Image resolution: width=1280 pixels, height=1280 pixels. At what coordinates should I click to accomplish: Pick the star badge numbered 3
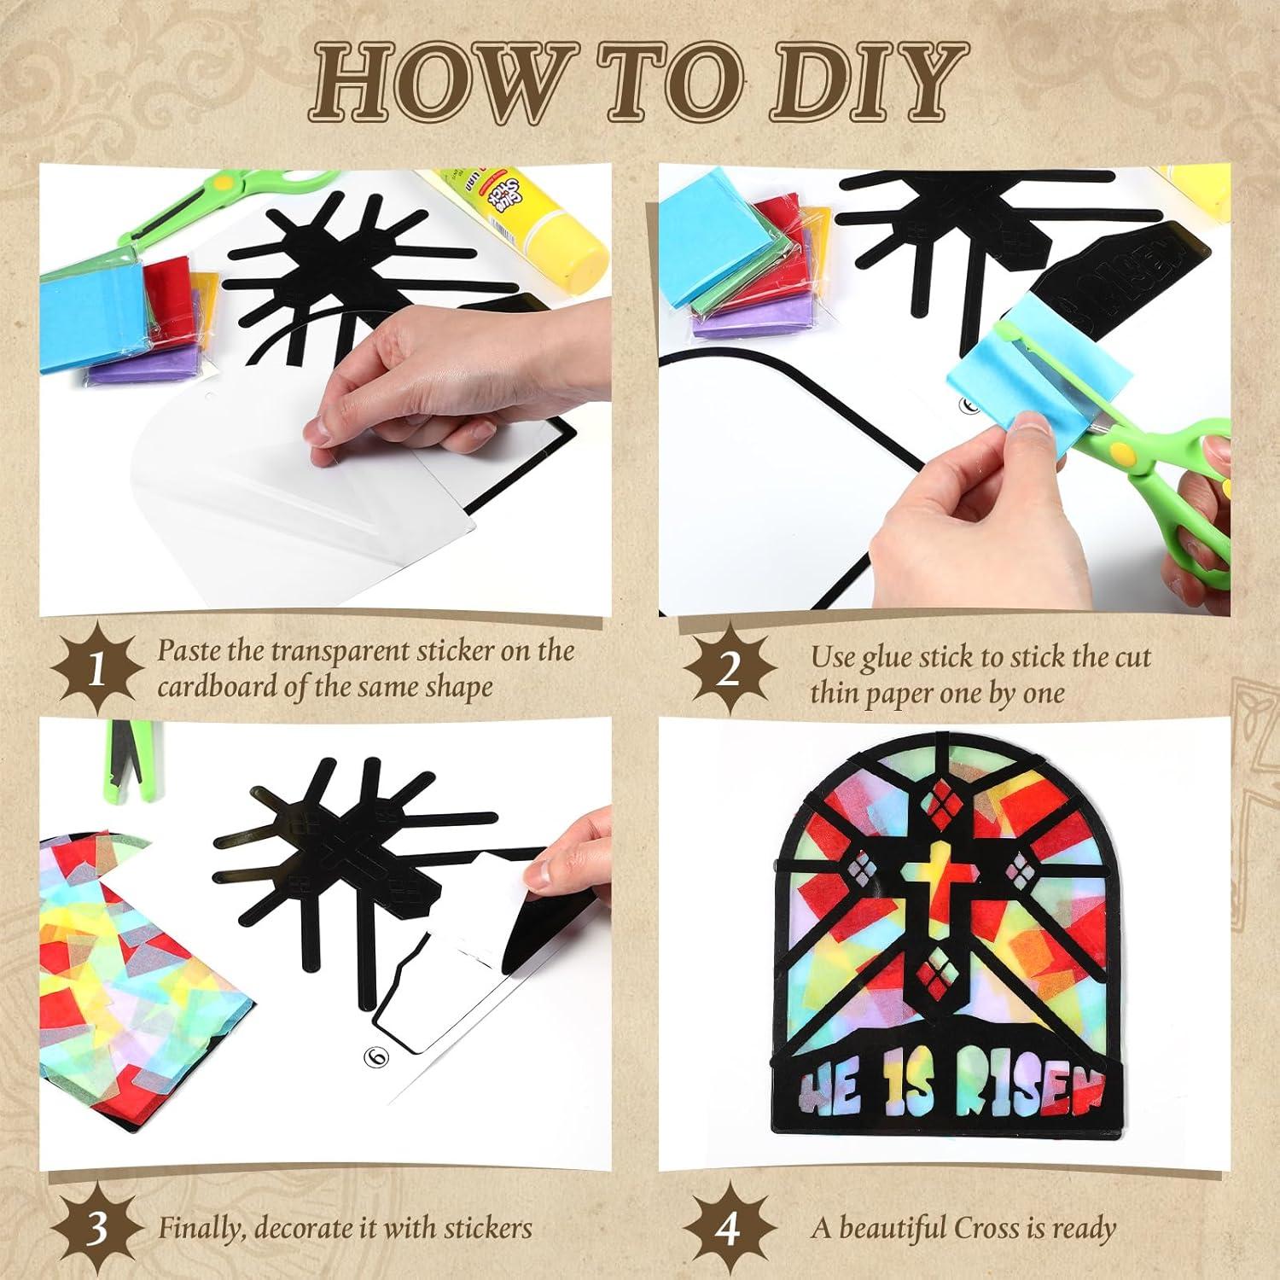(x=96, y=1229)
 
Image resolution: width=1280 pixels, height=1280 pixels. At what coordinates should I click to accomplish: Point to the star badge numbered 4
(x=727, y=1229)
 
